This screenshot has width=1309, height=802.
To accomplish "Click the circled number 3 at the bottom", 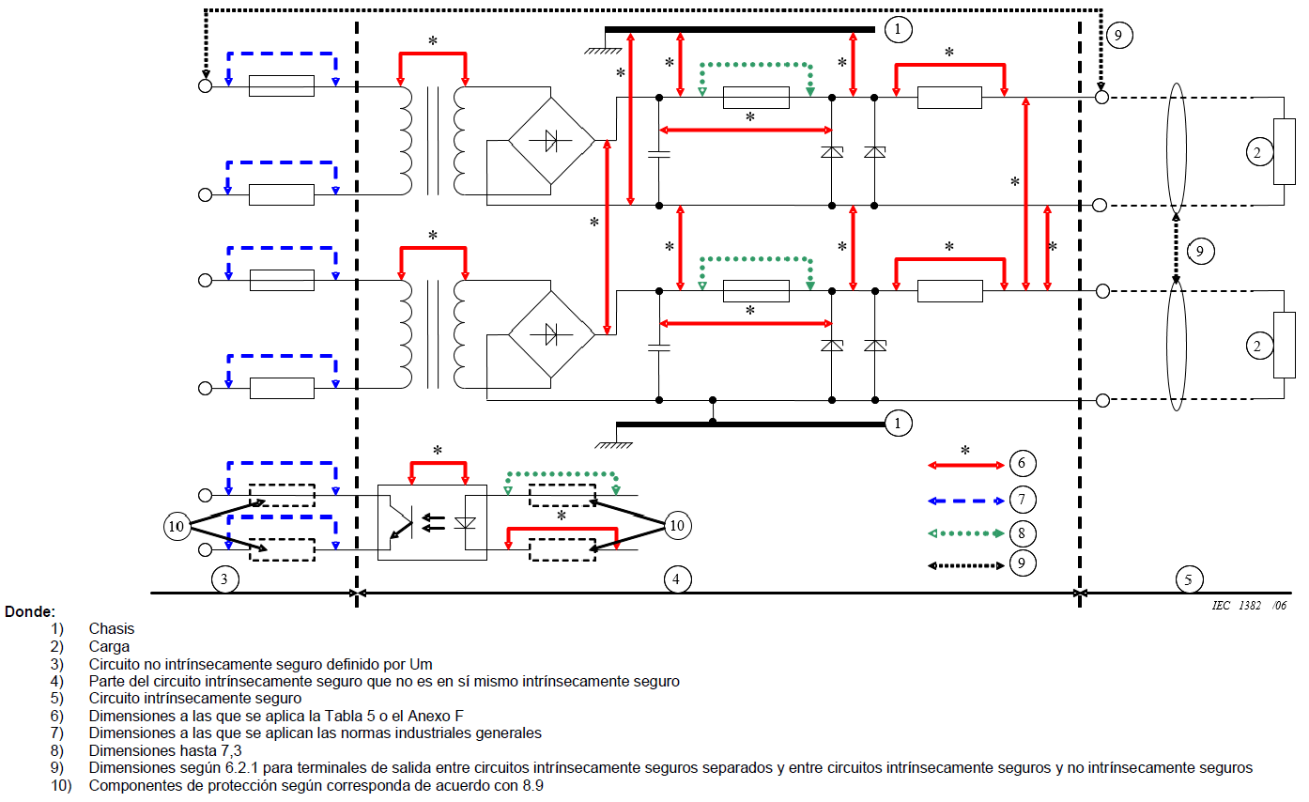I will coord(223,579).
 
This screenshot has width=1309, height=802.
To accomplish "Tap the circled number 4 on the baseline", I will coord(675,579).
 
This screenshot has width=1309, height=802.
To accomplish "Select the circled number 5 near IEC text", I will coord(1188,579).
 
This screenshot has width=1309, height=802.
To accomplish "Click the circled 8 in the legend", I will coord(1022,533).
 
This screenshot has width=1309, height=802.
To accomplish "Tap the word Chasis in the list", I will coord(112,629).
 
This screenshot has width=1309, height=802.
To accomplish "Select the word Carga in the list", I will coord(109,646).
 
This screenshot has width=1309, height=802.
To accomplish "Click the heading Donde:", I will coord(30,611).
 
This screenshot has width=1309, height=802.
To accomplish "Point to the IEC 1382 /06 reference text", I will coord(1248,606).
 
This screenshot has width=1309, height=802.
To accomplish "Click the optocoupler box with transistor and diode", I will coord(432,522).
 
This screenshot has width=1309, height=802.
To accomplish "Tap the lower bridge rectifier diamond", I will coord(551,332).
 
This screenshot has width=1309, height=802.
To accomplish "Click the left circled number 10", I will coord(176,527).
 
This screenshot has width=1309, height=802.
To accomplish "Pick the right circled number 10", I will coord(676,526).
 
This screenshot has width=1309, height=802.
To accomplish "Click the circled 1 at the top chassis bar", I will coord(899,30).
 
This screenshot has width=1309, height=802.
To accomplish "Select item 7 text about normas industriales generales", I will coord(315,733).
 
